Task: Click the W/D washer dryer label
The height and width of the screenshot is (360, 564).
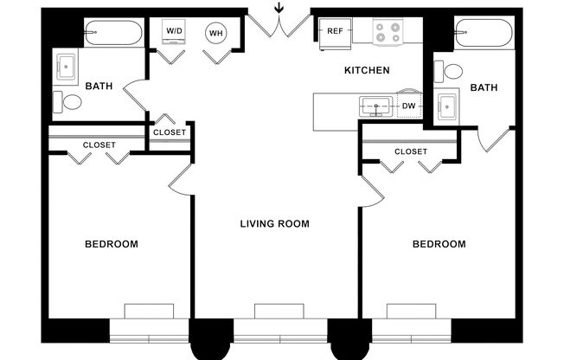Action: [x=173, y=32]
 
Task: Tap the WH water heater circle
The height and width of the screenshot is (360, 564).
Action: [x=215, y=34]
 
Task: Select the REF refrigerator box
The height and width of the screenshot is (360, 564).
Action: [x=335, y=32]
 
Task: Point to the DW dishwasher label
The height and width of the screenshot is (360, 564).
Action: [x=408, y=106]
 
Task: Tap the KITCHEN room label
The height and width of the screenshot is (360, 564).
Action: [x=367, y=70]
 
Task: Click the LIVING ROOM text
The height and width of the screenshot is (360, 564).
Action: [x=274, y=223]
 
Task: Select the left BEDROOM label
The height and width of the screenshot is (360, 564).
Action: [x=111, y=244]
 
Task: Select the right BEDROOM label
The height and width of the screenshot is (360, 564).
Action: [x=439, y=244]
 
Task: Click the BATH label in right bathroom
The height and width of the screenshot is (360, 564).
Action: [x=483, y=87]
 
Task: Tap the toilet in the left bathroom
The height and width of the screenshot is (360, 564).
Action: [x=71, y=102]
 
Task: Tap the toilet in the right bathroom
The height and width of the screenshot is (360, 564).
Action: [x=451, y=71]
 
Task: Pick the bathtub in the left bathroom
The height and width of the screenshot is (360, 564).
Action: [x=113, y=34]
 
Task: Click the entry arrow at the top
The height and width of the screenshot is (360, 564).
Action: [x=278, y=10]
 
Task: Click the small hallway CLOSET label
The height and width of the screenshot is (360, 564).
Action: [x=169, y=132]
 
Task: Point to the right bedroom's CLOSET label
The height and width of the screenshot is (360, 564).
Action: [x=410, y=151]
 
